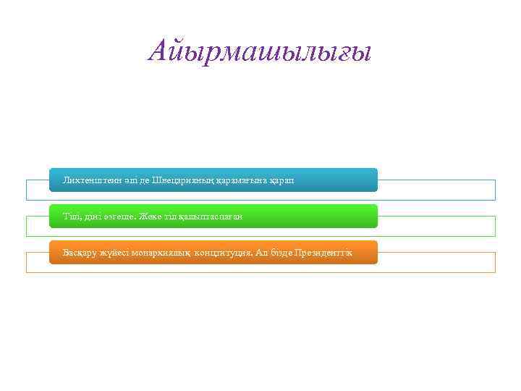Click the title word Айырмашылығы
[x=259, y=51]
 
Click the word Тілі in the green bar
[x=72, y=216]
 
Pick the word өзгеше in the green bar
[x=124, y=216]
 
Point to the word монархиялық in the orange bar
[x=164, y=253]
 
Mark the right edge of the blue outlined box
[x=495, y=190]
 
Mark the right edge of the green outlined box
[x=495, y=226]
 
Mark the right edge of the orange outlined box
[x=495, y=262]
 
